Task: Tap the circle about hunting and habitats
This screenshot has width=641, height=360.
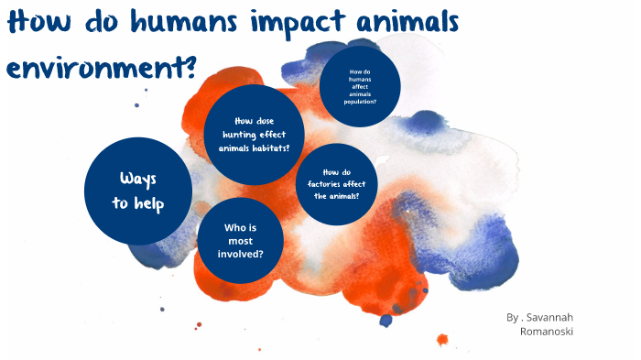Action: click(254, 134)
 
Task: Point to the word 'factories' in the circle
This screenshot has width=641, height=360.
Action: click(326, 184)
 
